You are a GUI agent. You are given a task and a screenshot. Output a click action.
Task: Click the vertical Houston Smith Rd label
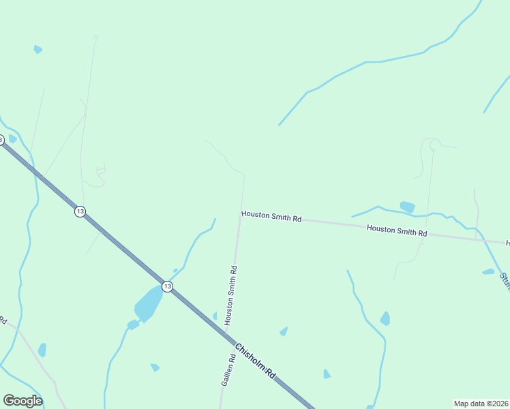232,294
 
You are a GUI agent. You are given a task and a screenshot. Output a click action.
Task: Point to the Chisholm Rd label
255,362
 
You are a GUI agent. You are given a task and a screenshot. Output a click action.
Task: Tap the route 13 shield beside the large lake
167,287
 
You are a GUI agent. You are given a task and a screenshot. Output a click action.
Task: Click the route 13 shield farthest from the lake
80,211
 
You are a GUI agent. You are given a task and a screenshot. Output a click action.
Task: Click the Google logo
22,401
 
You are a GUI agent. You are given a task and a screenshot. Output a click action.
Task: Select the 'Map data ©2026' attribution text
481,404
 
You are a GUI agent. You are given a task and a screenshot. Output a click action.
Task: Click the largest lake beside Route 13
149,303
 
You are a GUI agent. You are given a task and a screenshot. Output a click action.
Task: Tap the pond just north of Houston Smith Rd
407,207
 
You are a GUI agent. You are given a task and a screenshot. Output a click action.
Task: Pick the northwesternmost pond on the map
37,49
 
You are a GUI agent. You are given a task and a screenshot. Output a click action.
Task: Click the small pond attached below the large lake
133,324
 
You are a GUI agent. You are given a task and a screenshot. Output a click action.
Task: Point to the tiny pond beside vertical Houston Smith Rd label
215,316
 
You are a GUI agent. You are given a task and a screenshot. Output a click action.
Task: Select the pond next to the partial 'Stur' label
488,272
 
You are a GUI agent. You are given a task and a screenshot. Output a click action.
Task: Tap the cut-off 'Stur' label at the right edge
505,279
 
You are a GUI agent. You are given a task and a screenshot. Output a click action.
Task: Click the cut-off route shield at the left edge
1,140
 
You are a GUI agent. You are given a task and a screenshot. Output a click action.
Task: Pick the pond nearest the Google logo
42,350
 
